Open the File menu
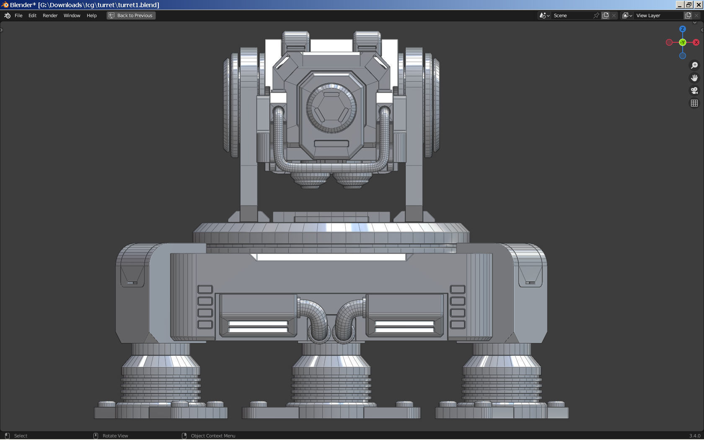point(18,16)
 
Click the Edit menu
point(32,16)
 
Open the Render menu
point(50,16)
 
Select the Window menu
point(72,16)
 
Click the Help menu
point(91,16)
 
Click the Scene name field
point(572,16)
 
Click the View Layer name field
point(658,16)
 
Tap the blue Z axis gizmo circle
point(683,29)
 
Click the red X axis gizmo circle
point(696,42)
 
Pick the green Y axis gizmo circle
point(683,42)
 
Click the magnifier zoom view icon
point(694,65)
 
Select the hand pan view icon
point(694,78)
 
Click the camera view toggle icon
point(694,91)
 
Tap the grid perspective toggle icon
point(694,103)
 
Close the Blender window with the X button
point(699,5)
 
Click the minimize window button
point(680,5)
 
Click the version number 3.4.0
point(694,436)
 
